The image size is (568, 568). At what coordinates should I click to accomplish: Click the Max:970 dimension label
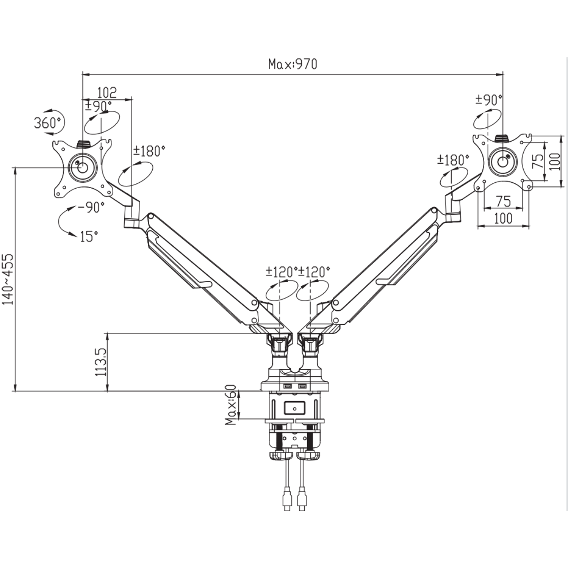pyautogui.click(x=293, y=64)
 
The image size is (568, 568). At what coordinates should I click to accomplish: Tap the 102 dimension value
pyautogui.click(x=106, y=92)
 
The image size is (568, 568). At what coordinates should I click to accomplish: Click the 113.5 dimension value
pyautogui.click(x=100, y=362)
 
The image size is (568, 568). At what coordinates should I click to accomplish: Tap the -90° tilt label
pyautogui.click(x=91, y=208)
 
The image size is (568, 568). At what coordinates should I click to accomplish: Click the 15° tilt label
pyautogui.click(x=89, y=237)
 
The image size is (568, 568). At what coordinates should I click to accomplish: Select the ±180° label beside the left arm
pyautogui.click(x=149, y=151)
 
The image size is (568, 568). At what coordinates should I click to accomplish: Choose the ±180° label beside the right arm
pyautogui.click(x=453, y=160)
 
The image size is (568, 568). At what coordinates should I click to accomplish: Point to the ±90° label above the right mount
pyautogui.click(x=489, y=99)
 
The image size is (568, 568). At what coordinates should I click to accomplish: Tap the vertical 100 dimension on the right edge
pyautogui.click(x=555, y=161)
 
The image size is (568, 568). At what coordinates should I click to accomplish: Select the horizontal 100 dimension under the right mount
pyautogui.click(x=503, y=218)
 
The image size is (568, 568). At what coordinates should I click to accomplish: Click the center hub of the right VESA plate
pyautogui.click(x=503, y=161)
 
